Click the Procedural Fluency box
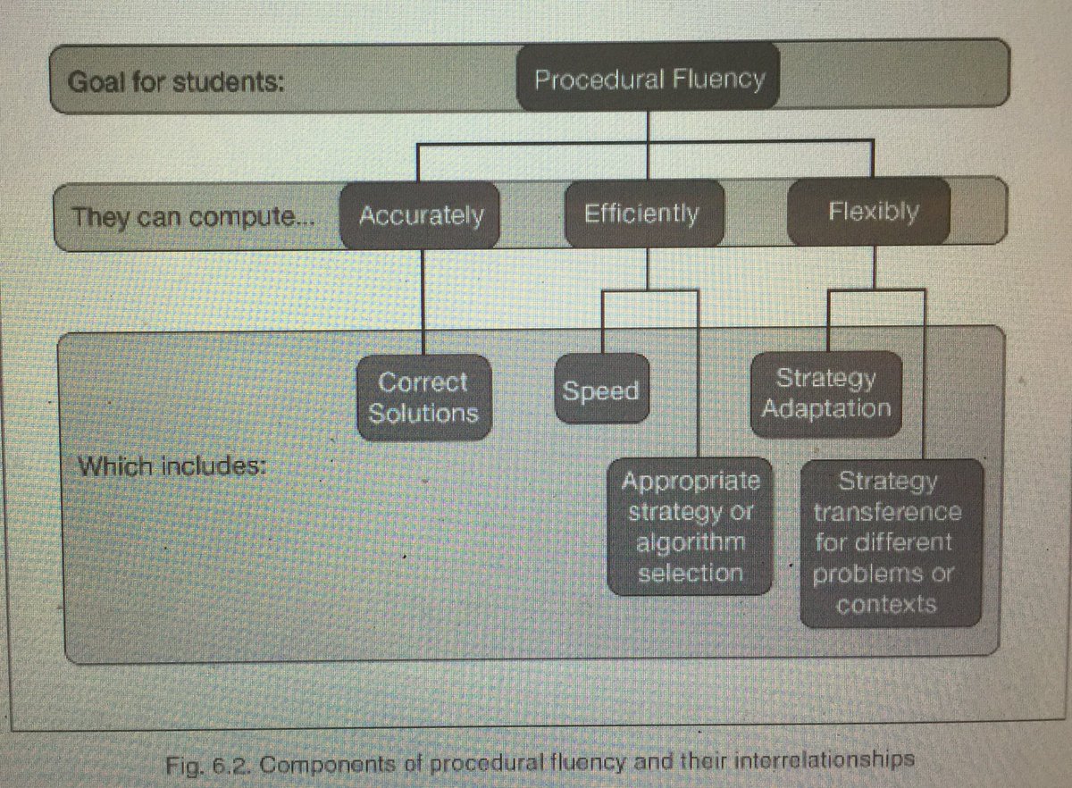click(649, 80)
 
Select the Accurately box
click(420, 215)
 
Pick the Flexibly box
click(872, 213)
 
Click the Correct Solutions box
click(423, 398)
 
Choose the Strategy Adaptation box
click(826, 394)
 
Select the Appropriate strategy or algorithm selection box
click(691, 527)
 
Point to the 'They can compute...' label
click(188, 217)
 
